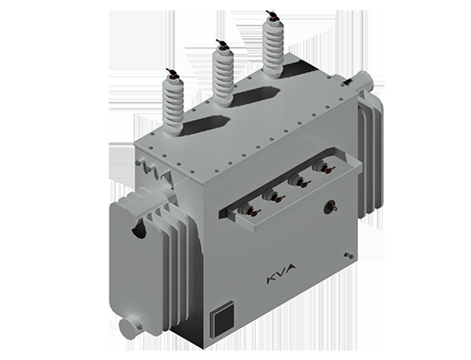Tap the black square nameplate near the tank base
click(223, 320)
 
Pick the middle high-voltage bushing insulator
click(223, 76)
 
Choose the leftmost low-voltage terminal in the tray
click(249, 209)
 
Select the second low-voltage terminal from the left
click(272, 195)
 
